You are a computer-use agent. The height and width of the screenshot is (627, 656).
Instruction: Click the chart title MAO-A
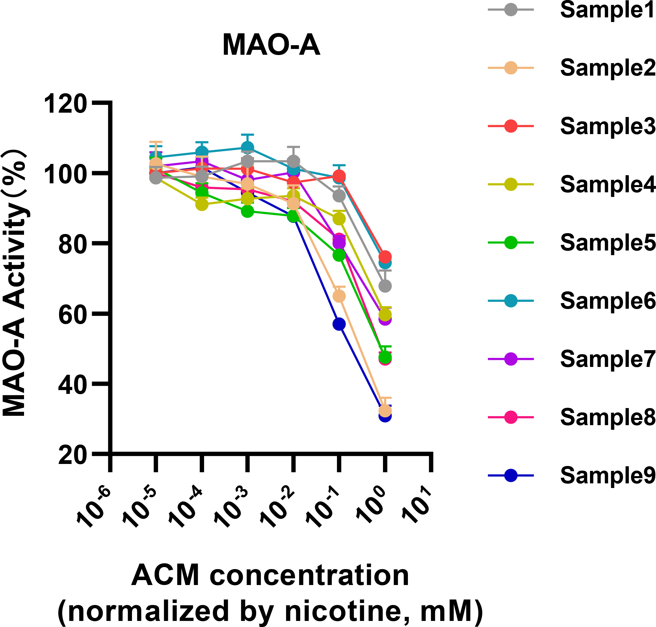271,45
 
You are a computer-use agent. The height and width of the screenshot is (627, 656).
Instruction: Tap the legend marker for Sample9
510,475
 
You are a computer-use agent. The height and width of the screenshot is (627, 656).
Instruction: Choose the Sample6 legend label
608,301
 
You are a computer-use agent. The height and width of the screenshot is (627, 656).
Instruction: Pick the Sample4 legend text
608,184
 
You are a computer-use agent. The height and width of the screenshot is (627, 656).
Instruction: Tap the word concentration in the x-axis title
309,576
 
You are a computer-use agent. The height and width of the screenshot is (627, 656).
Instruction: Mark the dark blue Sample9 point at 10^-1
339,324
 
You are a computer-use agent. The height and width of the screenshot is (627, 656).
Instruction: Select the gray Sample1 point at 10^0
385,286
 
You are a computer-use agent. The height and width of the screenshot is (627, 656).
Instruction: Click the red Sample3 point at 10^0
385,257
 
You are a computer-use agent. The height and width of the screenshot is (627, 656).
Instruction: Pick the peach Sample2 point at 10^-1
339,296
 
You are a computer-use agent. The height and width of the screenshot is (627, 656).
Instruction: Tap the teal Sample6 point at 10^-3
247,147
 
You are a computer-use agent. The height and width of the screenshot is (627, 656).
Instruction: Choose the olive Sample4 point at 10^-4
202,204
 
